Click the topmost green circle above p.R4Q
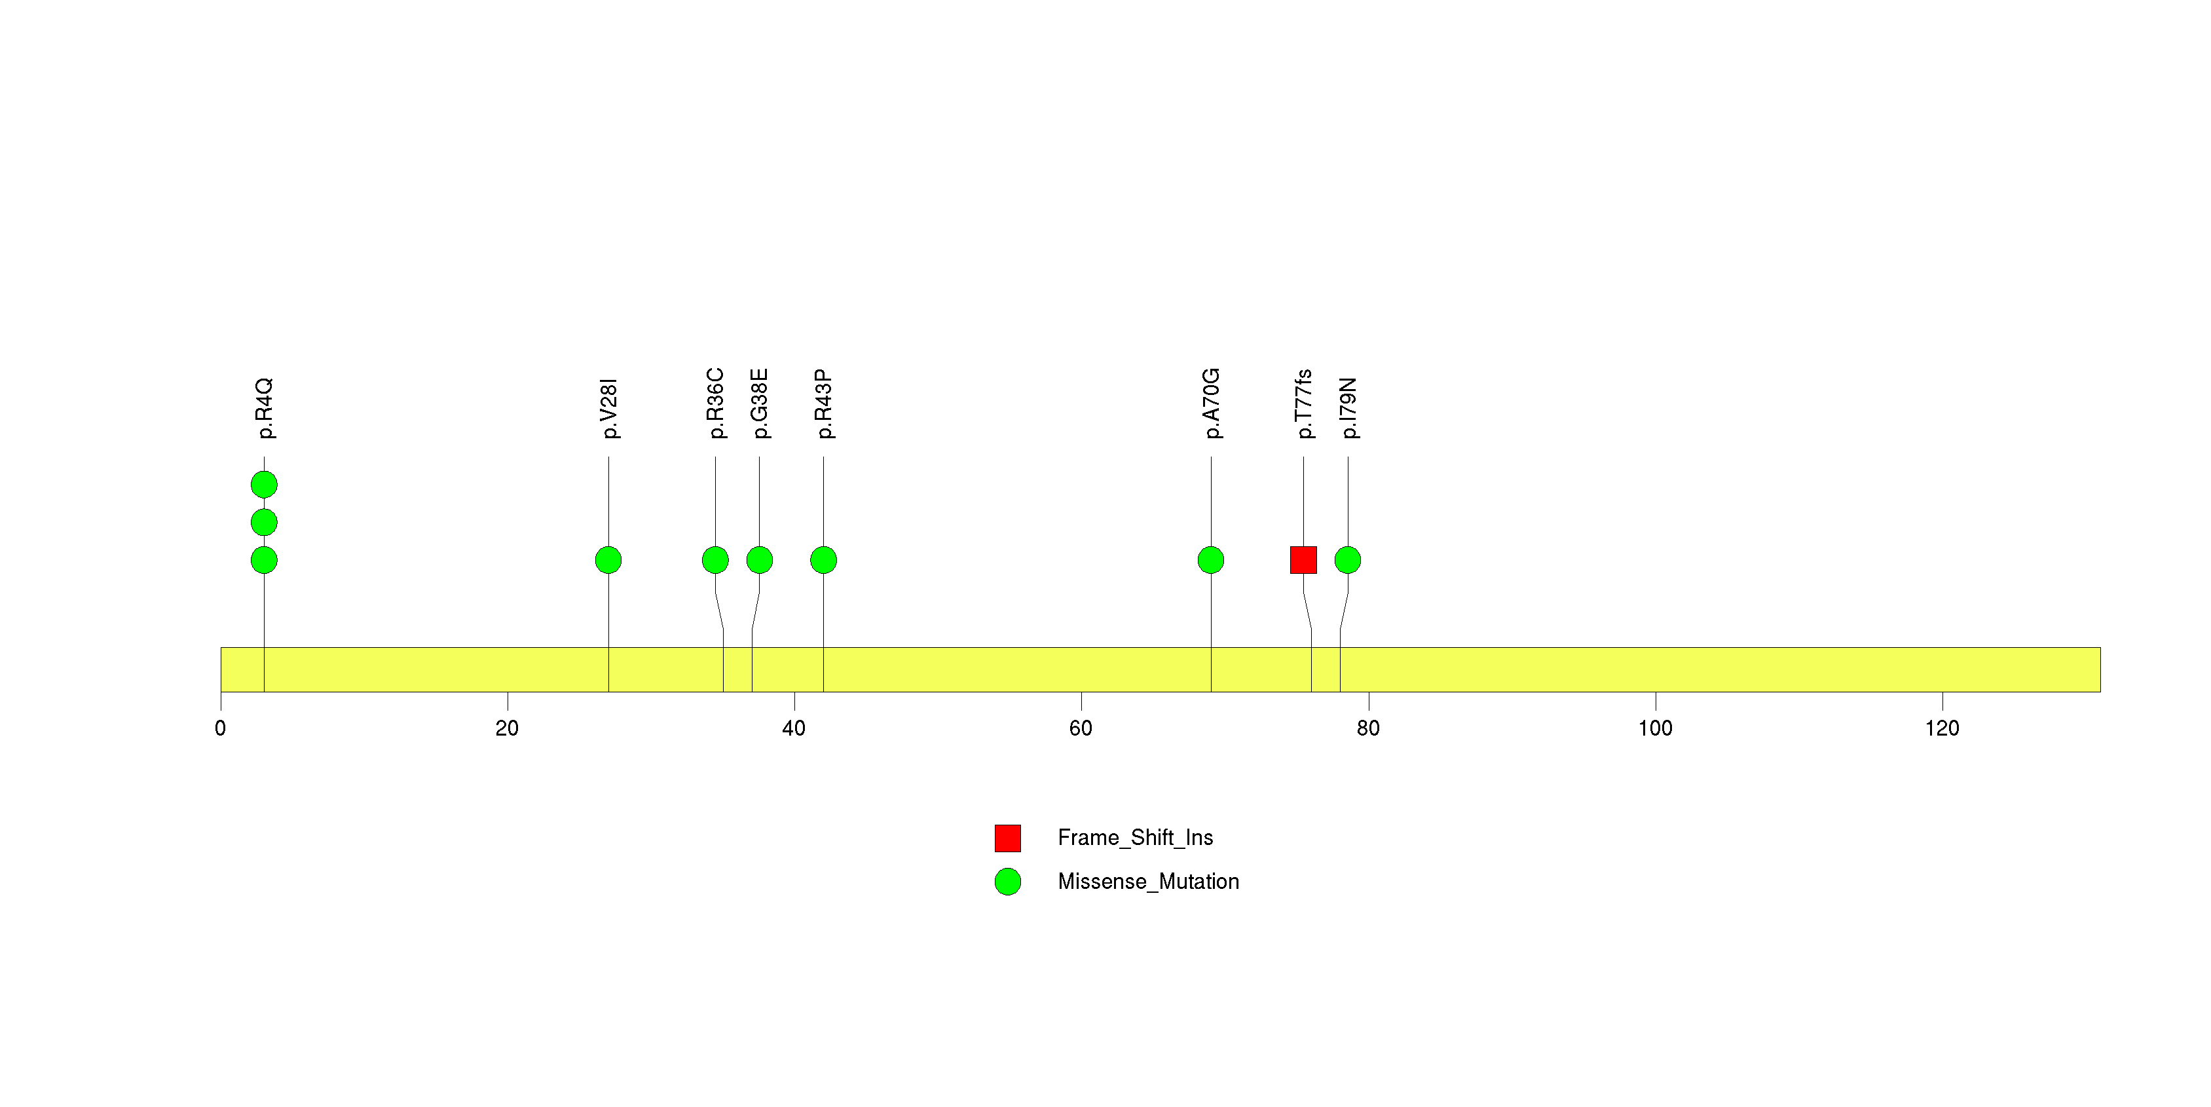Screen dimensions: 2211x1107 coord(265,485)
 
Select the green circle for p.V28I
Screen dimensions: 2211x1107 coord(608,560)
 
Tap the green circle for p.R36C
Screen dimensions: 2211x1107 coord(716,560)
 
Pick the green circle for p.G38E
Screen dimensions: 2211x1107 coord(760,560)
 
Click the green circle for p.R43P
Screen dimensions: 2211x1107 coord(824,560)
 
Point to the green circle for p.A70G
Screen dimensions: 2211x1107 coord(1211,560)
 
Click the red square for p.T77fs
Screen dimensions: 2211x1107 coord(1304,560)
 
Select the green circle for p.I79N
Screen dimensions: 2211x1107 coord(1348,560)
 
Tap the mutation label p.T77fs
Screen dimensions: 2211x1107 coord(1305,404)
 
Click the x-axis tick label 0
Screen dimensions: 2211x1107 coord(221,728)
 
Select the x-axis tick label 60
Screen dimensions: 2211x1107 coord(1081,728)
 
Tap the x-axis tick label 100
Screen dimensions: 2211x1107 coord(1655,728)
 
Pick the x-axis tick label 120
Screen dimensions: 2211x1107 coord(1942,728)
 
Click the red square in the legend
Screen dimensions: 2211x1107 coord(1008,838)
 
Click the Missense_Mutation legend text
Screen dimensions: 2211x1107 coord(1149,882)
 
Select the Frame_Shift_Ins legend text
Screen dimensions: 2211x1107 coord(1136,838)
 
